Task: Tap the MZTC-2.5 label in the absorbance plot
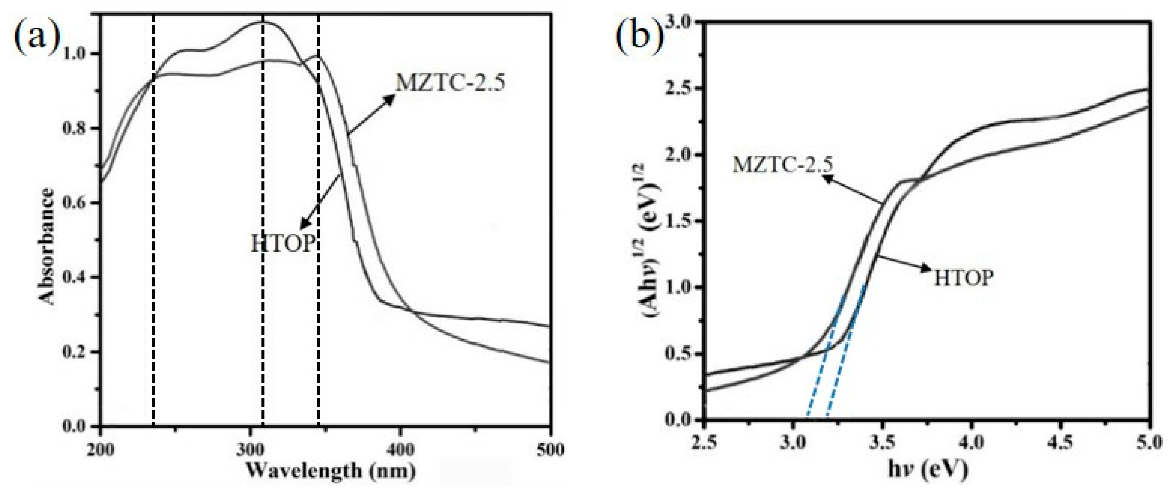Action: pos(450,83)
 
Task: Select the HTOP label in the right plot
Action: pos(963,277)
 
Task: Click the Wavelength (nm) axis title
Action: pos(331,471)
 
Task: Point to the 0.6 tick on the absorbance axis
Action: pos(80,203)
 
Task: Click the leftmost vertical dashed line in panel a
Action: pos(153,273)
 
